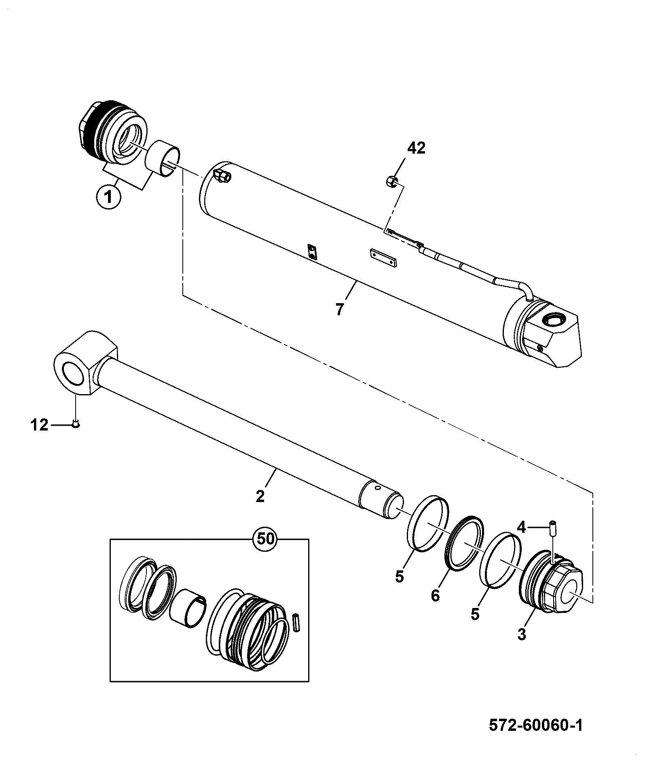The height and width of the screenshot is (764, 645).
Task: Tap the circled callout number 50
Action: click(264, 539)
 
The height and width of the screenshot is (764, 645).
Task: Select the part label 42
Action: click(416, 149)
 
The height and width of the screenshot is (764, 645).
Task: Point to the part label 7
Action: click(339, 310)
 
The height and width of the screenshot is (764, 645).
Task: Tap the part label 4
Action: click(521, 527)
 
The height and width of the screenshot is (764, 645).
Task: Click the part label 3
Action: click(522, 634)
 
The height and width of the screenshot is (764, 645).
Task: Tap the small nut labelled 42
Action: click(391, 180)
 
